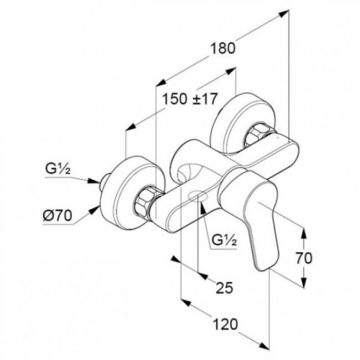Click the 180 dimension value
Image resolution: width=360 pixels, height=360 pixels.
pos(223,48)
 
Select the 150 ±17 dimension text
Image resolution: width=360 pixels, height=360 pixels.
pos(189,99)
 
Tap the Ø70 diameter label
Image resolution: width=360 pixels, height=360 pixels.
pos(58,215)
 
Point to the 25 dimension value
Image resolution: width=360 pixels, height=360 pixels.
pos(225,288)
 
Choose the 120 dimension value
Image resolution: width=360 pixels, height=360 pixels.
pos(225,324)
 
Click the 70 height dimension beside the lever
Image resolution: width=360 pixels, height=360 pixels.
pos(304,258)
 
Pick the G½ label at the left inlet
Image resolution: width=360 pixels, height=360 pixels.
pos(58,169)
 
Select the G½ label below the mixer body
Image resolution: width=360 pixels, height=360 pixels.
pos(224,240)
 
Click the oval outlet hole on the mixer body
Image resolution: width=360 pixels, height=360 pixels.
pos(197,196)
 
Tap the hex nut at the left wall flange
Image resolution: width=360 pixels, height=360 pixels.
pos(144,201)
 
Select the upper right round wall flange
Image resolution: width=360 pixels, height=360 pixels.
pos(240,122)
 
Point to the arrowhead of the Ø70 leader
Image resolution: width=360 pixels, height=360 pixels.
pos(95,210)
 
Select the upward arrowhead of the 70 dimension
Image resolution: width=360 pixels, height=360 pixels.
pos(304,234)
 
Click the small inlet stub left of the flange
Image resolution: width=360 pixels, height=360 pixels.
pos(104,181)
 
